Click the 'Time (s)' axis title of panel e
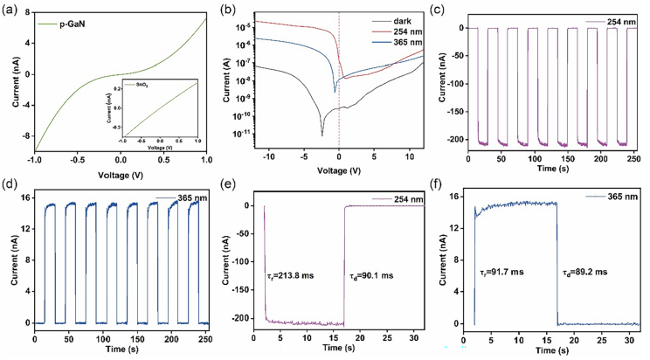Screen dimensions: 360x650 342,349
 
